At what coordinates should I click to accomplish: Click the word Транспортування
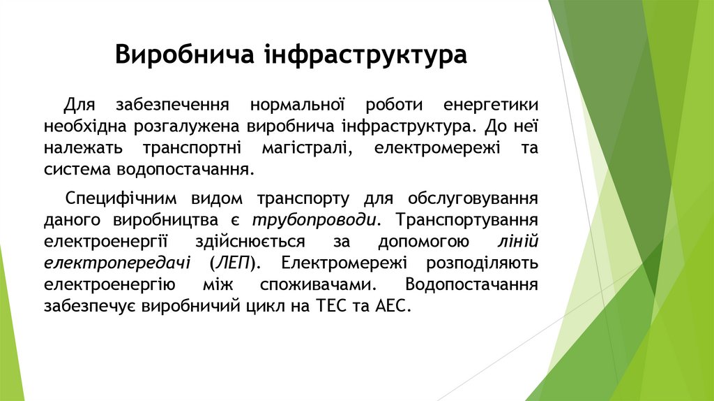click(466, 219)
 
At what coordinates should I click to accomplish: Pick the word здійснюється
click(260, 242)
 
